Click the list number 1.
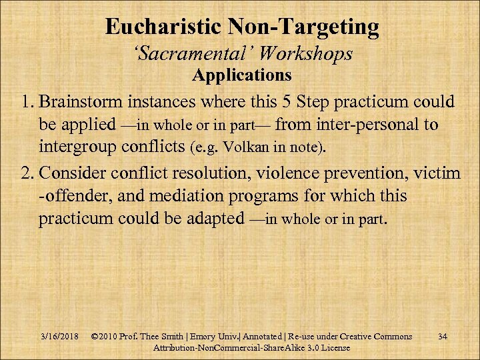coord(25,103)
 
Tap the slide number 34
coord(443,336)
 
